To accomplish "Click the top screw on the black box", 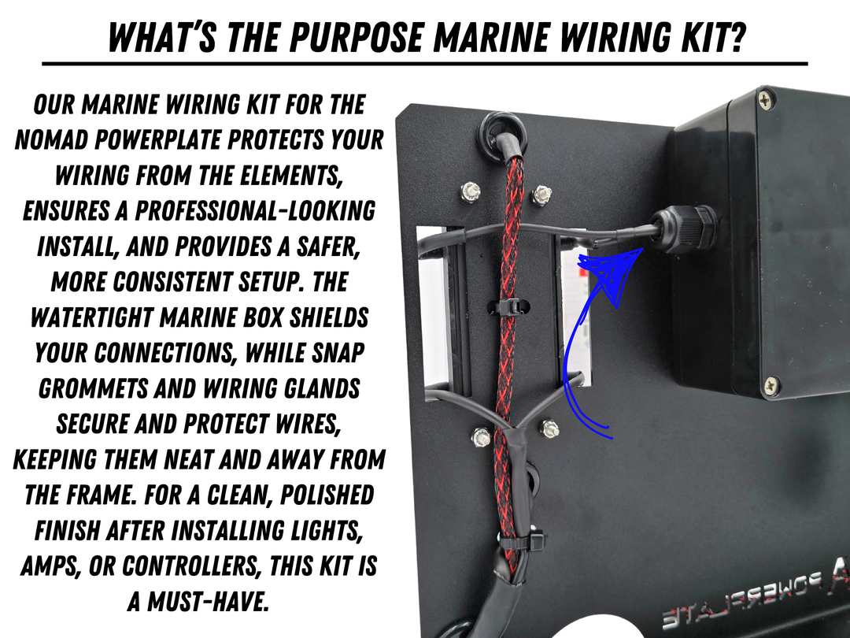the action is pos(765,99).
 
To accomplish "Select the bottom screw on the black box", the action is pos(771,386).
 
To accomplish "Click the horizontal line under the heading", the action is pos(424,64).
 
